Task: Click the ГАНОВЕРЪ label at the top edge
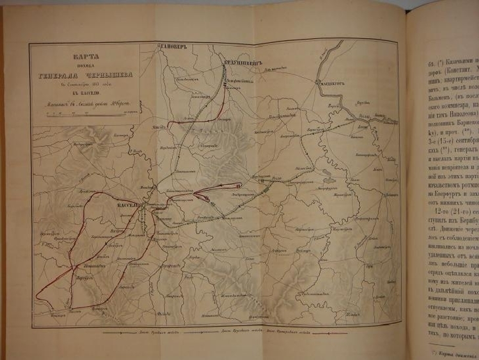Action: click(x=173, y=47)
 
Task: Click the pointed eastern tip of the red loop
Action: click(x=241, y=185)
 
